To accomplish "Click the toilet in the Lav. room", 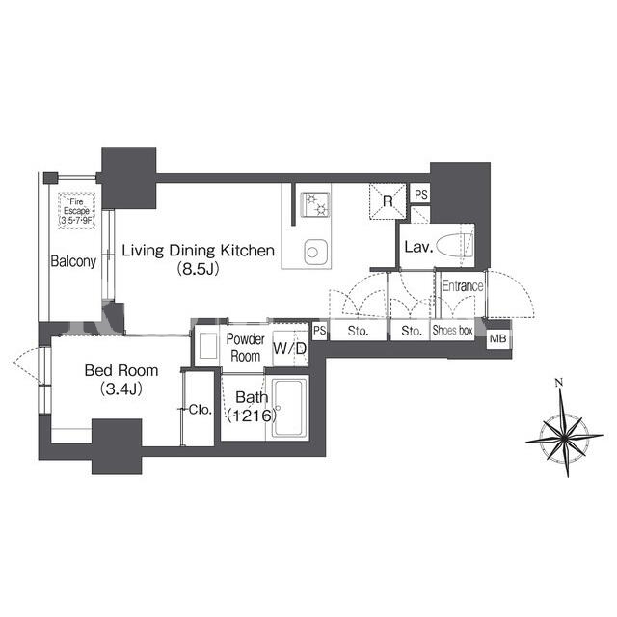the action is (454, 245).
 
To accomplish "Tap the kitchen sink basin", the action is (315, 252).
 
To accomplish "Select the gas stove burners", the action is (315, 204).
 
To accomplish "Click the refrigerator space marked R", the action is (388, 201).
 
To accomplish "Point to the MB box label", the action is (497, 338).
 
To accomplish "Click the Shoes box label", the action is (452, 330).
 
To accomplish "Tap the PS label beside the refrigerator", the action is (421, 195).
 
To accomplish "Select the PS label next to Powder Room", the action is (319, 330).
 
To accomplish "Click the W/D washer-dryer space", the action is (290, 348).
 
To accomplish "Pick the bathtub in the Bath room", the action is (290, 408).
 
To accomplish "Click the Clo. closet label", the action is (201, 410).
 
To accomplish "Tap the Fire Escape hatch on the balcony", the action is (77, 211).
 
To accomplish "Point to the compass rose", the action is (564, 436).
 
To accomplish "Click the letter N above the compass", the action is (559, 382).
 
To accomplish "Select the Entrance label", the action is (463, 285).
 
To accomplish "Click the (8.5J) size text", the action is (198, 269).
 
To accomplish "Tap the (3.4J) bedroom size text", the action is (121, 389).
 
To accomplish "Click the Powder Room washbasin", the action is (208, 346).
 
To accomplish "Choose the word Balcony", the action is (73, 261).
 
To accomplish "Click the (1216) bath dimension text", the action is (252, 416).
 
